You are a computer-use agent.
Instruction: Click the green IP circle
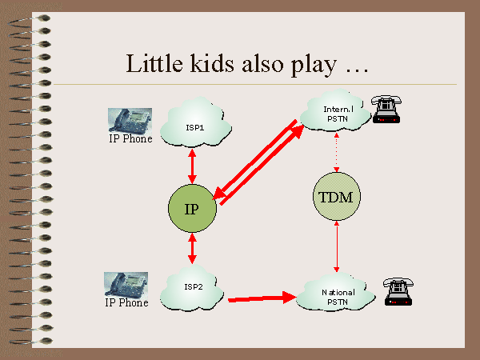pos(192,209)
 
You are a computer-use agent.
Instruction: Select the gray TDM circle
pos(336,196)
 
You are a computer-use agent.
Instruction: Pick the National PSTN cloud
pos(337,297)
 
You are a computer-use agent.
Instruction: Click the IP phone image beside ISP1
pos(130,120)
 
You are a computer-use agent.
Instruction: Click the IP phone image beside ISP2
pos(126,284)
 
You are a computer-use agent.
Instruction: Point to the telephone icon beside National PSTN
pos(397,293)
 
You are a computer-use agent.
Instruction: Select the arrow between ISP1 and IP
pos(192,166)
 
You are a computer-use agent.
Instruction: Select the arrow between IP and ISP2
pos(192,249)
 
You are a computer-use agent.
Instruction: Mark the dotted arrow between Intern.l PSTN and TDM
pos(337,151)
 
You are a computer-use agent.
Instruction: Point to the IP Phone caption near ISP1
pos(129,139)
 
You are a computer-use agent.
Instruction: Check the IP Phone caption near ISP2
pos(126,303)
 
